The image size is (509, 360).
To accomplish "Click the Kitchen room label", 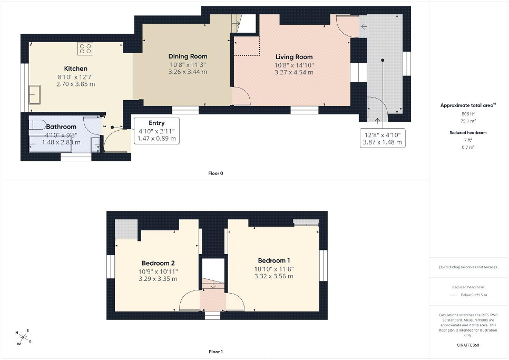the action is [76, 69].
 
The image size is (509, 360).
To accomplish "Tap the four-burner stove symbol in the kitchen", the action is [85, 48].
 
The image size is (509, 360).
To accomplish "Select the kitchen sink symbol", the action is [34, 94].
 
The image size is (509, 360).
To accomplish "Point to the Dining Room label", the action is [188, 56].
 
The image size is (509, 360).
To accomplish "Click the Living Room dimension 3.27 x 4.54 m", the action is [294, 72].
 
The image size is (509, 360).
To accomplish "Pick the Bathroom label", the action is [61, 127].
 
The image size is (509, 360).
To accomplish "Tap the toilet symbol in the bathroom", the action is [37, 124].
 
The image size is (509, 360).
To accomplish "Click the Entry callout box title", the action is [157, 123].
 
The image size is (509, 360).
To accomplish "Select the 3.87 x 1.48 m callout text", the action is [383, 142].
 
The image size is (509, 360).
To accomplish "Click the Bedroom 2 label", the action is [158, 263].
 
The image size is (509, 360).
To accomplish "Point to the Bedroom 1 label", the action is [274, 260].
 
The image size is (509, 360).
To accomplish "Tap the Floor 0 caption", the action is [216, 173].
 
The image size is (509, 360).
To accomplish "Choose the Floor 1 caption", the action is [216, 352].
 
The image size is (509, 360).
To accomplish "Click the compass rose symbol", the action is [23, 337].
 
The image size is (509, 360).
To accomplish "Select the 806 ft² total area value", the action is [468, 114].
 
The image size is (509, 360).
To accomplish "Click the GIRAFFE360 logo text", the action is [468, 345].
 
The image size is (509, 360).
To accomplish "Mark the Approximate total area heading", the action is [468, 105].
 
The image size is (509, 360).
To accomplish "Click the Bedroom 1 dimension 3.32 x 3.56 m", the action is [273, 276].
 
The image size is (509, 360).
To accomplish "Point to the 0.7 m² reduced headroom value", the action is [468, 147].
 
